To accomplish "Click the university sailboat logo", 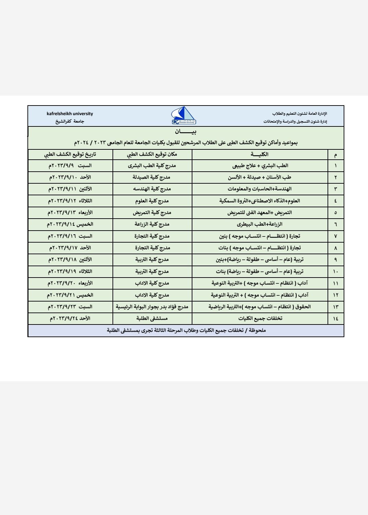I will pos(184,116).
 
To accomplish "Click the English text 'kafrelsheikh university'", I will pos(70,114).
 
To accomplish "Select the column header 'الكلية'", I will pos(260,155).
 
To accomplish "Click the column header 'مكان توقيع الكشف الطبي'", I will pos(152,155).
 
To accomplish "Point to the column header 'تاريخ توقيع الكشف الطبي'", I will pos(70,155).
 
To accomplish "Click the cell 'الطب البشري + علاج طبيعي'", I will pos(260,166).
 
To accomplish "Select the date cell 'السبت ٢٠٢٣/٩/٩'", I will pos(70,166).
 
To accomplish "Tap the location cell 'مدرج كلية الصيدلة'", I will pos(152,177).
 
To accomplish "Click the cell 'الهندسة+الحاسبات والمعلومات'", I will pos(260,189).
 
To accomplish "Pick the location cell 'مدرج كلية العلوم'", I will pos(152,201).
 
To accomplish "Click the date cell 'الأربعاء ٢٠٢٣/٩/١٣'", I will pos(70,213).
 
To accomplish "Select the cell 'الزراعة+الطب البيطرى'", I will pos(260,224).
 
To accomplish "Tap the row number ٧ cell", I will pos(335,236).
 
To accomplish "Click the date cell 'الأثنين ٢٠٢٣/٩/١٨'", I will pos(70,260).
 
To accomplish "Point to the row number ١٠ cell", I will pos(335,272).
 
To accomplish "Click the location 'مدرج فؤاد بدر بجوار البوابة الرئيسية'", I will pos(152,307).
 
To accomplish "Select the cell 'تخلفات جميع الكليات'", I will pos(260,319).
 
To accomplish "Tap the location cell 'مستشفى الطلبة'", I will pos(152,319).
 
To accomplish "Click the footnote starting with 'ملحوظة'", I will pos(186,331).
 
